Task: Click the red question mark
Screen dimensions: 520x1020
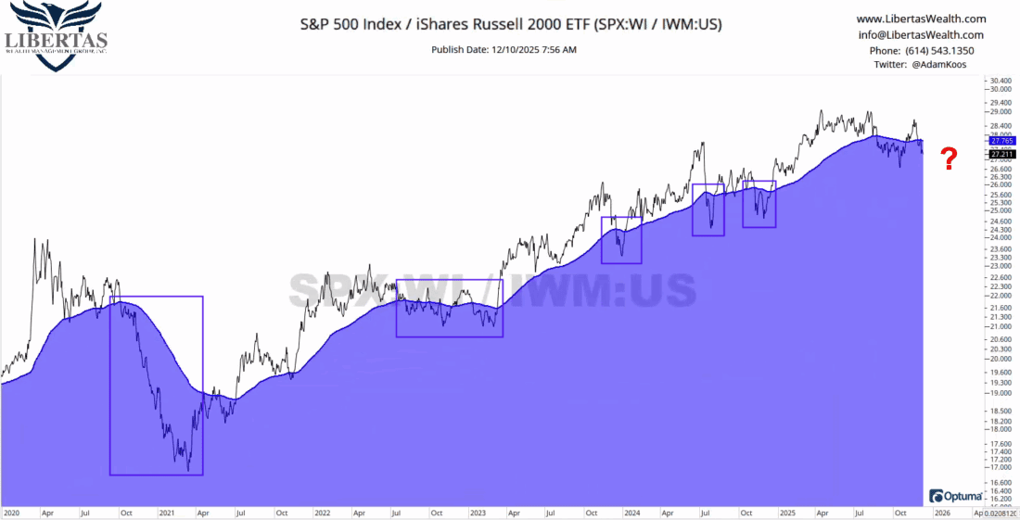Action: [949, 159]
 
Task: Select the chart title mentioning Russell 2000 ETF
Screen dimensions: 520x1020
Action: [510, 24]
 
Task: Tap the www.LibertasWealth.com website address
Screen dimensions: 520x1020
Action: [921, 19]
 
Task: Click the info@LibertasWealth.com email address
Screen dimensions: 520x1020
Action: [921, 34]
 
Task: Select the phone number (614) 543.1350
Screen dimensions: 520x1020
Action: [921, 50]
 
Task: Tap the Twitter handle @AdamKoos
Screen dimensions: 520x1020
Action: [921, 65]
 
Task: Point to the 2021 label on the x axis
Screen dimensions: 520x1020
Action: [168, 512]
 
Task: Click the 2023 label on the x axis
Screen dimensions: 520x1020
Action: [478, 512]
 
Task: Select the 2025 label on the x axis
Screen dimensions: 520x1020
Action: [788, 512]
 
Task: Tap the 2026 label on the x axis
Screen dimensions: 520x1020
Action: [942, 512]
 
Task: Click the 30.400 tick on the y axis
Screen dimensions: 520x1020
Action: [1001, 81]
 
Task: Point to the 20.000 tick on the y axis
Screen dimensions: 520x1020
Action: [1001, 359]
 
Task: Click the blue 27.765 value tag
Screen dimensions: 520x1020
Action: [1002, 140]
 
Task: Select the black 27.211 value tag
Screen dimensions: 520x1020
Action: [1002, 153]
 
